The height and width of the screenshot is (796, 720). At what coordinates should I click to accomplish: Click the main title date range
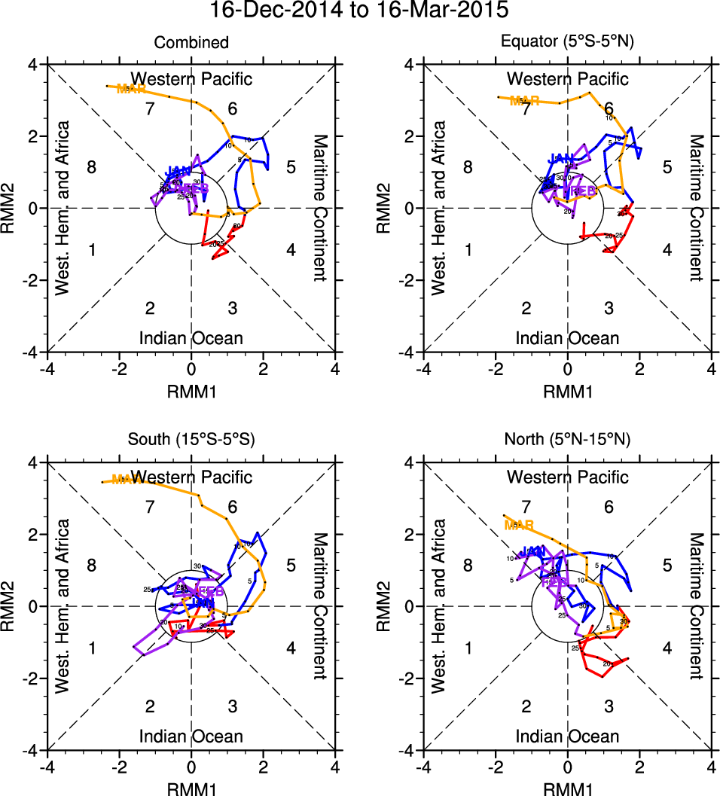359,11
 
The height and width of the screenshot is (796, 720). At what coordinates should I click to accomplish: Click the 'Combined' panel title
191,43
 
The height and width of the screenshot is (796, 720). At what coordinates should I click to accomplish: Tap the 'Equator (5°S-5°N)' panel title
568,43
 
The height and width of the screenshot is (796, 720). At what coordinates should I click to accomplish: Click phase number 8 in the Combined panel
91,167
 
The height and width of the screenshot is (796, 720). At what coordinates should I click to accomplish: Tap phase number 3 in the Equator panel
609,308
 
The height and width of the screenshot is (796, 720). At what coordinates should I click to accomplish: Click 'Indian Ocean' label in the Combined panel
191,338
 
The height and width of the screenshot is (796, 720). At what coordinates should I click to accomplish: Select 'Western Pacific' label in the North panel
568,477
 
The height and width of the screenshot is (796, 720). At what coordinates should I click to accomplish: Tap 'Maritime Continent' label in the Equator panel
696,208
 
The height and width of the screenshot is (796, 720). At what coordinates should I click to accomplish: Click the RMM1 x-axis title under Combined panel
191,390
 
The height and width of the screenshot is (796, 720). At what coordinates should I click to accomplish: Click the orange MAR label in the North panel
519,524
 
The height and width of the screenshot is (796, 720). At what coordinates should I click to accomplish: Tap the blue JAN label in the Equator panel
561,158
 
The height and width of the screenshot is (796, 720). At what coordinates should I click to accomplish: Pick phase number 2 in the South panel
150,706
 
